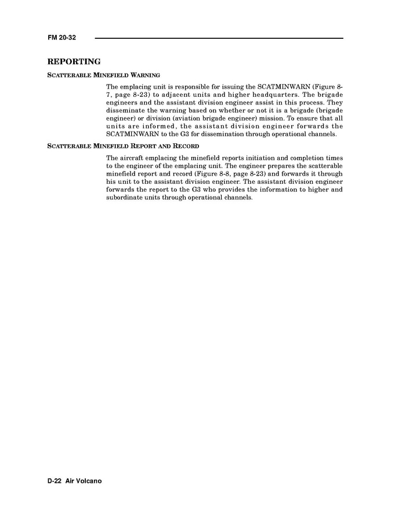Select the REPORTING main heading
pos(74,61)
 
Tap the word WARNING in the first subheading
pos(145,75)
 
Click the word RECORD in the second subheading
pos(187,146)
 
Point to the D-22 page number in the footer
pos(56,481)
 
